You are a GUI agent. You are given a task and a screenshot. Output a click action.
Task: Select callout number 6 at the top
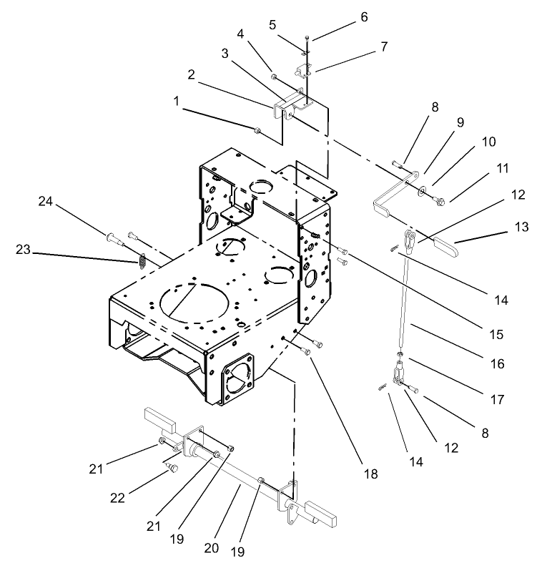[364, 18]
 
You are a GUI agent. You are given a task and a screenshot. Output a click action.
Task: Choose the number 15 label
[496, 333]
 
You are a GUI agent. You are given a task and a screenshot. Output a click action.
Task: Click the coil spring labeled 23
[142, 261]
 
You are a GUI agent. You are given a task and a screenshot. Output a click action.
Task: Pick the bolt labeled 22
[172, 467]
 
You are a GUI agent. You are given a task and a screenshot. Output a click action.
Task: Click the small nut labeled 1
[257, 129]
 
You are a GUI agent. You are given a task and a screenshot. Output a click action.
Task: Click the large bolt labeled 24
[113, 236]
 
